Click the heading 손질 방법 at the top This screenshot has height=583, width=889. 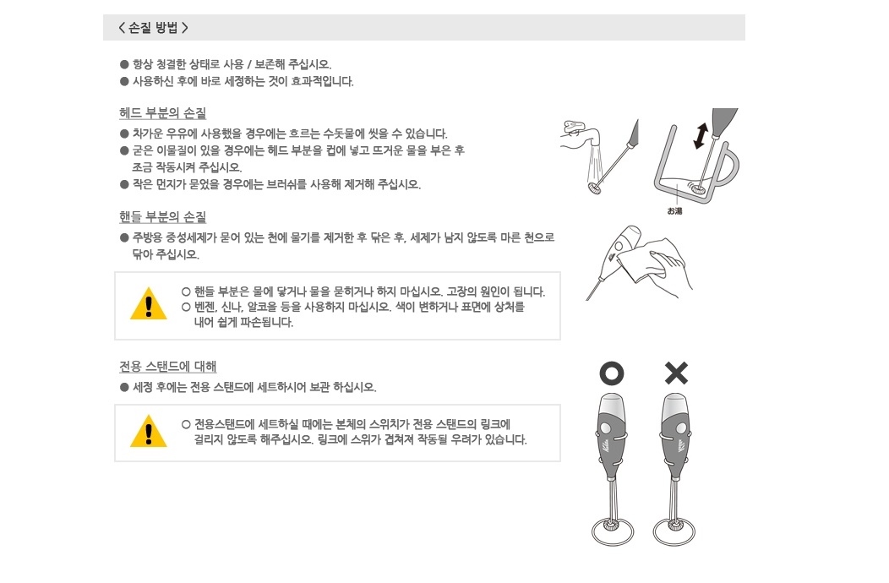153,28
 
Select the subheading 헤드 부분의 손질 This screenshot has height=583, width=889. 163,113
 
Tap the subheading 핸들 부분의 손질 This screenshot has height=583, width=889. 163,216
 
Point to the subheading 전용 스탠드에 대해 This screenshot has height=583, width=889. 168,367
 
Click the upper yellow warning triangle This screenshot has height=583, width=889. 149,304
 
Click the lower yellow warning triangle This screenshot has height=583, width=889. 149,432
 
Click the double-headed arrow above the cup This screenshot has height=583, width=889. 701,136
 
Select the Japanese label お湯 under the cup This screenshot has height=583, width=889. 674,211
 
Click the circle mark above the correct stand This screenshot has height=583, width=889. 612,373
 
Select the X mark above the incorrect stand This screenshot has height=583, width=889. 676,373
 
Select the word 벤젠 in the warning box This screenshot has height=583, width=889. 205,307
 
